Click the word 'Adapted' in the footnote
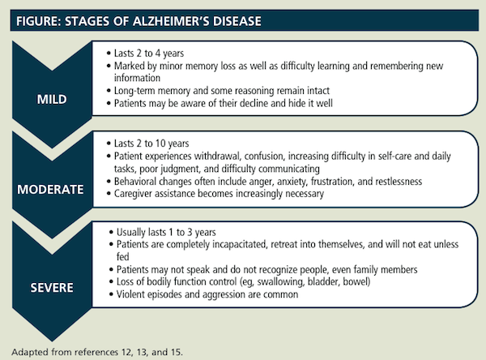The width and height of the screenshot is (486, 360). [x=29, y=351]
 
